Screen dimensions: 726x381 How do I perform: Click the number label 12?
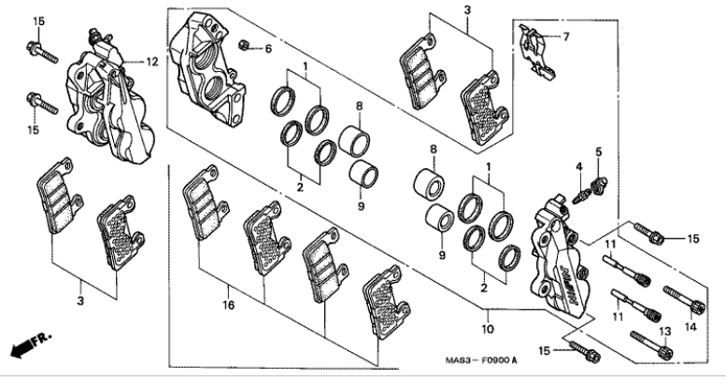coord(152,62)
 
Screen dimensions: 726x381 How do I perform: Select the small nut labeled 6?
coord(245,45)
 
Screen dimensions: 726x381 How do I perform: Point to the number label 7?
coord(566,36)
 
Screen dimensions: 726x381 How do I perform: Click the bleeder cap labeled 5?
coord(599,186)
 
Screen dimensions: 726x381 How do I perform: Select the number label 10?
coord(488,329)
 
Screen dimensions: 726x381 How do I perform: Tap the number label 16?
coord(228,304)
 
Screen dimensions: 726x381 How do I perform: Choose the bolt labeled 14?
coord(684,300)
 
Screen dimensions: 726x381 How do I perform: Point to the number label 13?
coord(665,332)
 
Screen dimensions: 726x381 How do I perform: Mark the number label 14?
coord(690,327)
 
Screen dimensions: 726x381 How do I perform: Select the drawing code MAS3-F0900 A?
coord(481,360)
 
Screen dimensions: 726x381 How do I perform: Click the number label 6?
coord(268,49)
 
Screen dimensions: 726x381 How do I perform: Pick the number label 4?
coord(578,166)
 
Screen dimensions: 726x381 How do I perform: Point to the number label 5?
coord(598,151)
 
